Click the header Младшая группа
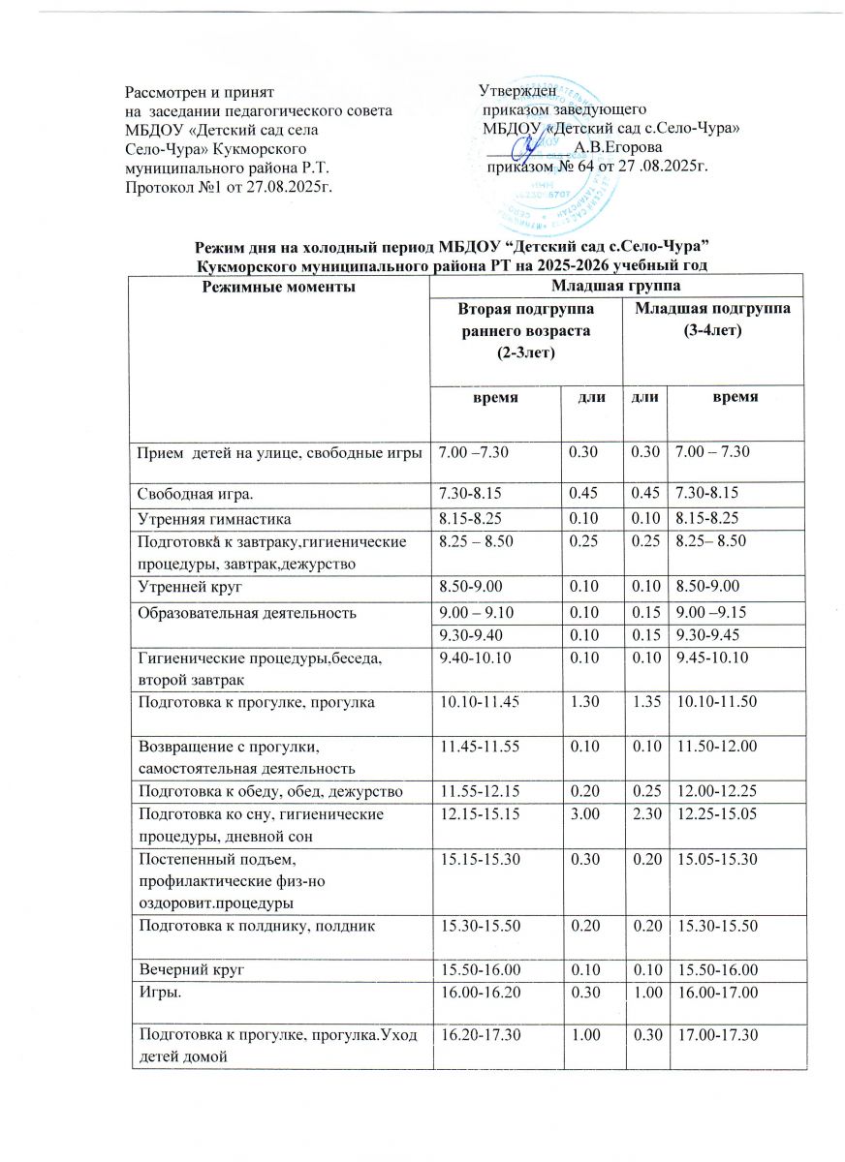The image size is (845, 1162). pos(615,287)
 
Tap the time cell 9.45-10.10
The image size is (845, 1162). pos(708,658)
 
